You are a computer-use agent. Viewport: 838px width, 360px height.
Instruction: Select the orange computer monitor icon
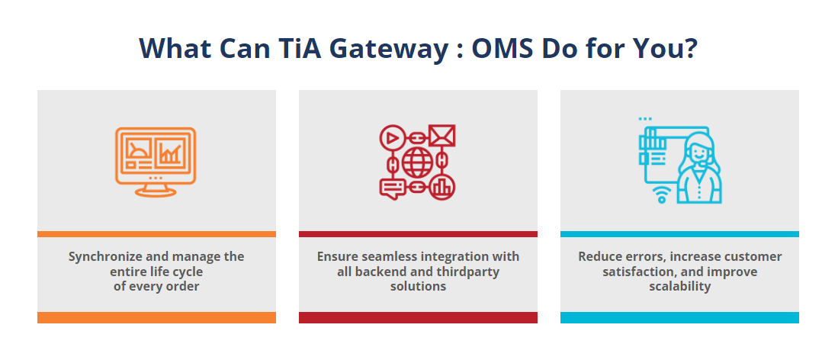[156, 162]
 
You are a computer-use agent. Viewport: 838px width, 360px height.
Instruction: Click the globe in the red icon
[417, 162]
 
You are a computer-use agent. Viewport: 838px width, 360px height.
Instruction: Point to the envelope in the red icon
[442, 136]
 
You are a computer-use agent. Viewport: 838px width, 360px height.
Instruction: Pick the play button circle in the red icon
[392, 137]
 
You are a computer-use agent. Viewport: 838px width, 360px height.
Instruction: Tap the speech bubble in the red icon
[392, 188]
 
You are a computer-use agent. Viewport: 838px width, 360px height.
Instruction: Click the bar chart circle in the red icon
[442, 187]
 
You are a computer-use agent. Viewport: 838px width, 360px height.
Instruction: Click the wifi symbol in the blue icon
[662, 194]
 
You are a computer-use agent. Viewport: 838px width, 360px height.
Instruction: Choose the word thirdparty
[467, 272]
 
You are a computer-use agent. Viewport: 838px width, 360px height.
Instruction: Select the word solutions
[418, 286]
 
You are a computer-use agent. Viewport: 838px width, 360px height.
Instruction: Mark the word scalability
[680, 286]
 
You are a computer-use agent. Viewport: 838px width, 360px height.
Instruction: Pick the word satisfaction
[636, 272]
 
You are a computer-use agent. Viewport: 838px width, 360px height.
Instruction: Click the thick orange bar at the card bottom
[156, 318]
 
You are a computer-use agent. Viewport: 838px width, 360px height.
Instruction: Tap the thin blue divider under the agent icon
[679, 234]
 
